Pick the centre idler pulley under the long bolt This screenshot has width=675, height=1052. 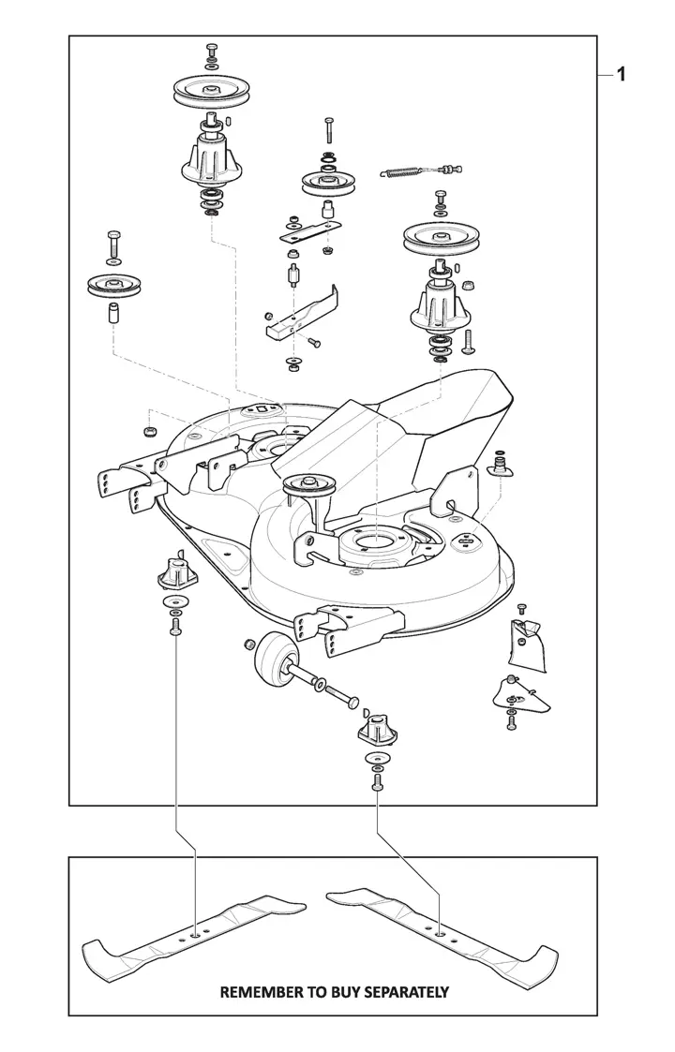327,183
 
